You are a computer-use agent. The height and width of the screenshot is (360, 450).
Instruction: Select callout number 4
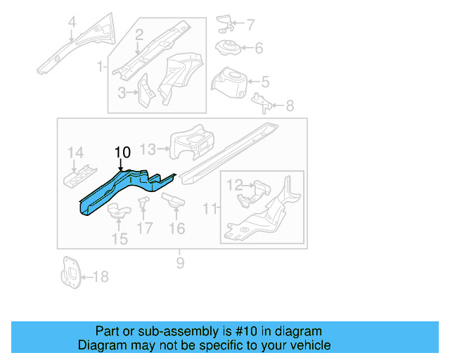(x=71, y=27)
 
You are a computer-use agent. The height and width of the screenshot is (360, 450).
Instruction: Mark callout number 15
(x=120, y=239)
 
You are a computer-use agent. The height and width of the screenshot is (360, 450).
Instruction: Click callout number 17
(x=144, y=228)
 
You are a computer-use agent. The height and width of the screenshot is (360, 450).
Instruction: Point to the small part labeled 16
(x=172, y=202)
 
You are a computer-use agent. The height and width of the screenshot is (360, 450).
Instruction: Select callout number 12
(x=234, y=185)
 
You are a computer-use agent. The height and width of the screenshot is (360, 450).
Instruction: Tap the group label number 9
(x=180, y=263)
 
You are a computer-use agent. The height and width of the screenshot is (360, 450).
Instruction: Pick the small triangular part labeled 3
(x=143, y=91)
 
